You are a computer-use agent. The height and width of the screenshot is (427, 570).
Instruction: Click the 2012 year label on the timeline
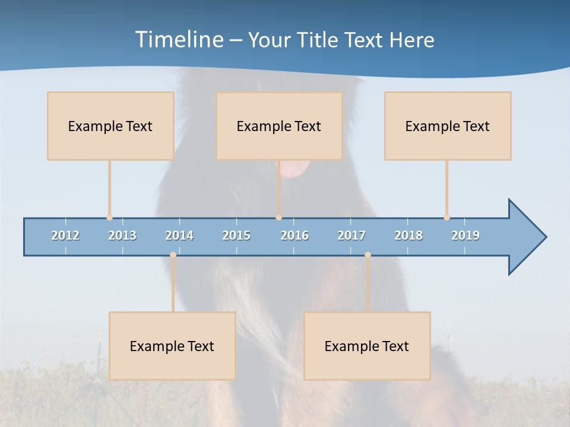pos(65,235)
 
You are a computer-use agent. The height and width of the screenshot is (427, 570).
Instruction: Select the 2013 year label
pos(122,235)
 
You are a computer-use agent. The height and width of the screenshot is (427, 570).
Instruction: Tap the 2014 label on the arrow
pos(179,235)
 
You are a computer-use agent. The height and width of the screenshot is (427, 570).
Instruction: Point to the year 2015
pos(236,235)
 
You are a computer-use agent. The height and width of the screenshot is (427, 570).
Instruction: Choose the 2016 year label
pos(294,235)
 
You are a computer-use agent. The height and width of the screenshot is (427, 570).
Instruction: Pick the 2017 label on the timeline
pos(351,235)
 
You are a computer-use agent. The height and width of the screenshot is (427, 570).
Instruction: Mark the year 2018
pos(408,235)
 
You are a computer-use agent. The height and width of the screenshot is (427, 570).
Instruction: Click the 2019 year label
pos(465,235)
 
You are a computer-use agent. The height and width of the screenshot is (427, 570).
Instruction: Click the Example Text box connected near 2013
pos(110,126)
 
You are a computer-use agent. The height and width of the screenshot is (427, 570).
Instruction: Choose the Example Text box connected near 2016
pos(279,126)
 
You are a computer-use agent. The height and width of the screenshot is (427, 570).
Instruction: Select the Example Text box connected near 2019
pos(448,126)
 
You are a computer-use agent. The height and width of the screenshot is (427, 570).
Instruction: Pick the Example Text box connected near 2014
pos(172,346)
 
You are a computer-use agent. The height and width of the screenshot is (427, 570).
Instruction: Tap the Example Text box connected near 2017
pos(367,346)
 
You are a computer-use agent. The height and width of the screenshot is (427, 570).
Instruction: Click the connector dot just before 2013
pos(109,218)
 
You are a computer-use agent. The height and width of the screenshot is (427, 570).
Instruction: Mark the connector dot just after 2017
pos(368,254)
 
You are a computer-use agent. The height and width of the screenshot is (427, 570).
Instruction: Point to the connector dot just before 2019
pos(446,218)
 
